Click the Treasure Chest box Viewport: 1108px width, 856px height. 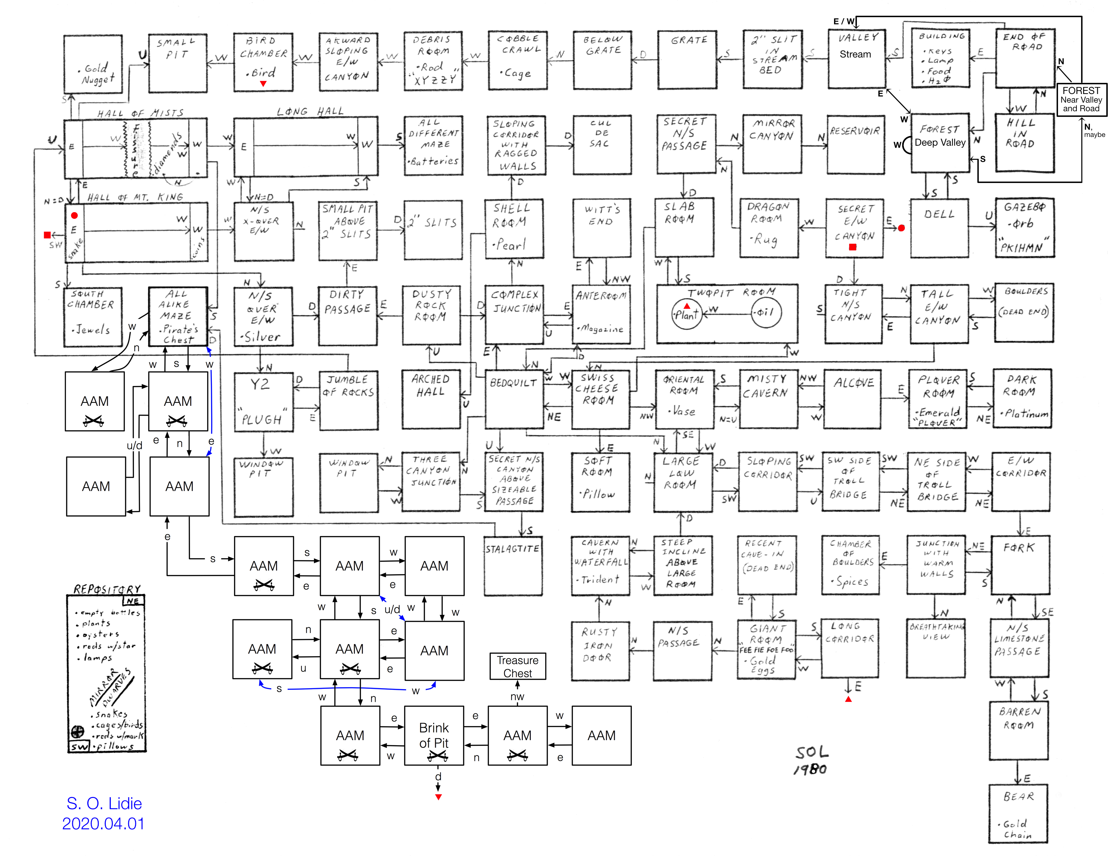tap(517, 666)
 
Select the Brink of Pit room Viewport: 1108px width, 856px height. tap(434, 735)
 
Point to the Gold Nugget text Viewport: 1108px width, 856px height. tap(98, 74)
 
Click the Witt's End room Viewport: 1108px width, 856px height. tap(602, 228)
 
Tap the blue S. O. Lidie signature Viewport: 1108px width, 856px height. tap(104, 803)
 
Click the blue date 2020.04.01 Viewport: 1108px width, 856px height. tap(103, 823)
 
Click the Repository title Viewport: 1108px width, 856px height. tap(106, 589)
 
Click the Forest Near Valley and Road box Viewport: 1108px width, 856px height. tap(1081, 99)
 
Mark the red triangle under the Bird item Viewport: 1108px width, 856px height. tap(263, 84)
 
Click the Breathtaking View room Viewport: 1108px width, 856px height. tap(935, 648)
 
